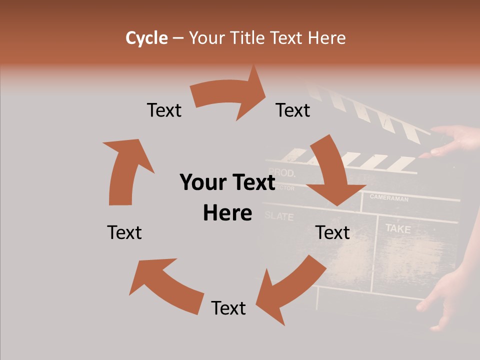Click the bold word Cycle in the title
(146, 38)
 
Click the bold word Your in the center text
(203, 183)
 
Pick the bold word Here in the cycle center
(227, 213)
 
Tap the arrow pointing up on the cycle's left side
(125, 170)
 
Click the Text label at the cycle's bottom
(228, 308)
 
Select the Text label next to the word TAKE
(333, 232)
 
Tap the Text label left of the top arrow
(164, 110)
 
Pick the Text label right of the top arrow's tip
(293, 110)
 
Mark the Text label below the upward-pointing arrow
(124, 232)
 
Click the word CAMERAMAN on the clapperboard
(389, 198)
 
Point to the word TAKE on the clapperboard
(398, 229)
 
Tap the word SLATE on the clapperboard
(279, 216)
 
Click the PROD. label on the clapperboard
(282, 173)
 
